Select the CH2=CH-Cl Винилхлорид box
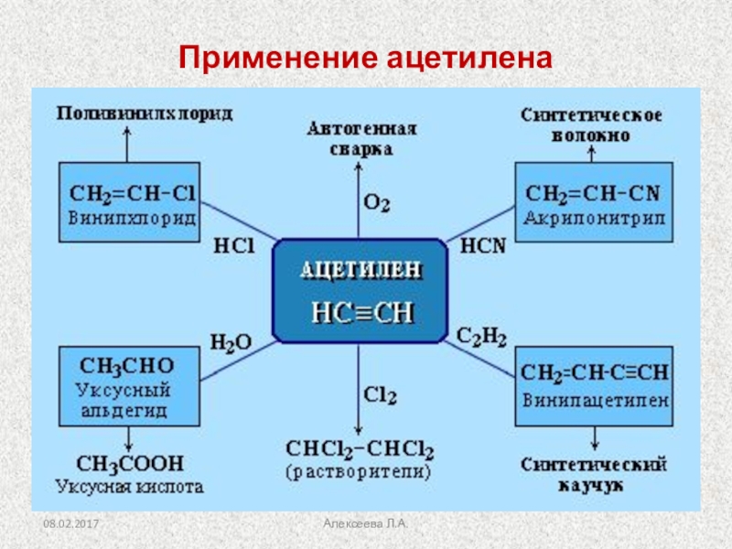pyautogui.click(x=128, y=202)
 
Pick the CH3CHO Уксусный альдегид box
pyautogui.click(x=128, y=386)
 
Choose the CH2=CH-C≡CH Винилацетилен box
pyautogui.click(x=594, y=386)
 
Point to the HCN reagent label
pyautogui.click(x=478, y=246)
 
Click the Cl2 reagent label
pyautogui.click(x=380, y=395)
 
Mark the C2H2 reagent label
pyautogui.click(x=482, y=337)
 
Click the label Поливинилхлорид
pyautogui.click(x=145, y=113)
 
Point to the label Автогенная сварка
pyautogui.click(x=361, y=137)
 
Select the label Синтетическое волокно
pyautogui.click(x=592, y=125)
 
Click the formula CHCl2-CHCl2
pyautogui.click(x=360, y=449)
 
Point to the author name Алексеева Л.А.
pyautogui.click(x=365, y=522)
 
